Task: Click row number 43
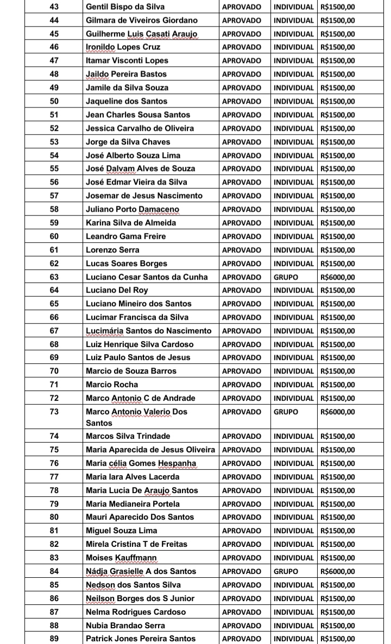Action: [54, 7]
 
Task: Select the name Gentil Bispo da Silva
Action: [125, 7]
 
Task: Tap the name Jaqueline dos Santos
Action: [126, 101]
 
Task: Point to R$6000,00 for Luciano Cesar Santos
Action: [337, 277]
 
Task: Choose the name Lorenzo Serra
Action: [112, 250]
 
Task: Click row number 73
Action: [54, 412]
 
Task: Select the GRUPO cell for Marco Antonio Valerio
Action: [286, 412]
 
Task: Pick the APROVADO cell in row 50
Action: [241, 101]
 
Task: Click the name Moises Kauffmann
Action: [121, 558]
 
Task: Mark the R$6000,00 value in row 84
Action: [337, 571]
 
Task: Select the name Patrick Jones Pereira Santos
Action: [140, 639]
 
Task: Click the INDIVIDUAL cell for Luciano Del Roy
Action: [294, 291]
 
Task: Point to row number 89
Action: [54, 639]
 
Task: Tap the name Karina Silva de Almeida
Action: [130, 223]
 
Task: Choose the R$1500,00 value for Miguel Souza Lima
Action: [337, 531]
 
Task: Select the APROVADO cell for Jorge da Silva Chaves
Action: [241, 142]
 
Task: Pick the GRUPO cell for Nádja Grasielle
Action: [286, 571]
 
